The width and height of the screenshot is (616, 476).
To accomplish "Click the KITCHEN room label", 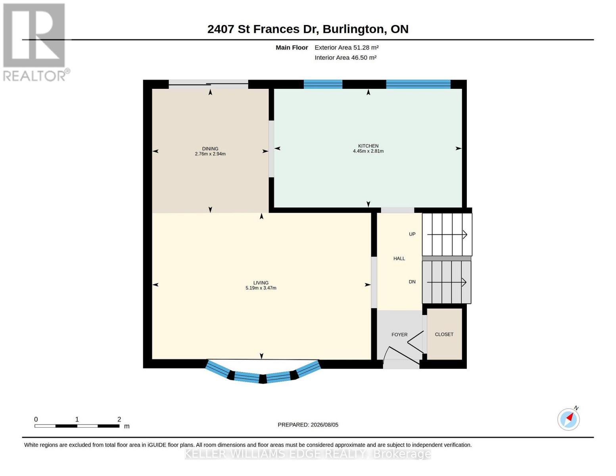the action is (x=368, y=146).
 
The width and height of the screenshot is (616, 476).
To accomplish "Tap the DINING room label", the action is (x=210, y=149).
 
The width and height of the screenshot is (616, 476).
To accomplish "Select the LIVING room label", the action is (x=261, y=283).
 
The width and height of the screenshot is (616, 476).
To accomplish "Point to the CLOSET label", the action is (x=444, y=334).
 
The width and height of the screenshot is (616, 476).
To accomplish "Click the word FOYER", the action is (x=399, y=335).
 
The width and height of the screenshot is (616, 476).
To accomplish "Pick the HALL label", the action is (x=399, y=259).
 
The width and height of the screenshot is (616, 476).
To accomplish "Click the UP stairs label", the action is (x=412, y=234).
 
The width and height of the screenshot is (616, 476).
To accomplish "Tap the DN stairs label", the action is (x=412, y=282).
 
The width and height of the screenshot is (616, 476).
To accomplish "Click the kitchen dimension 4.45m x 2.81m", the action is (x=368, y=151).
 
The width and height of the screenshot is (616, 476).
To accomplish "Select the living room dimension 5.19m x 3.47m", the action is (x=261, y=288).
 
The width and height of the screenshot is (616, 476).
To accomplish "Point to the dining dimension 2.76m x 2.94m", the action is (x=210, y=154).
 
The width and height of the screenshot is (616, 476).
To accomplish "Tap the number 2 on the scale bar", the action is (x=119, y=419).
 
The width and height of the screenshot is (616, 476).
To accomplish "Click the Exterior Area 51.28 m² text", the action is (x=346, y=48).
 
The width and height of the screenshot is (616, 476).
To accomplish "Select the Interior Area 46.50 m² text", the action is (x=345, y=58).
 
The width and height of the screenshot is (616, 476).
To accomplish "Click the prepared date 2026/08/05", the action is (x=324, y=425).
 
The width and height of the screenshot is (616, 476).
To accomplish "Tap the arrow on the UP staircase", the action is (x=447, y=234).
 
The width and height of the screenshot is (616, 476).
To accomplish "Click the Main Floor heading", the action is (x=292, y=48).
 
